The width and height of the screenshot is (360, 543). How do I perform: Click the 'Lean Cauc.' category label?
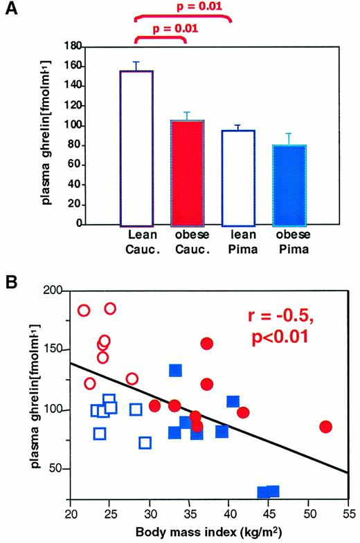pos(137,242)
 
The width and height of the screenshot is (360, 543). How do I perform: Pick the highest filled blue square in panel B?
pos(176,370)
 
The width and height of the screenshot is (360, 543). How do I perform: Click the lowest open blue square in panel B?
pos(145,443)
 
